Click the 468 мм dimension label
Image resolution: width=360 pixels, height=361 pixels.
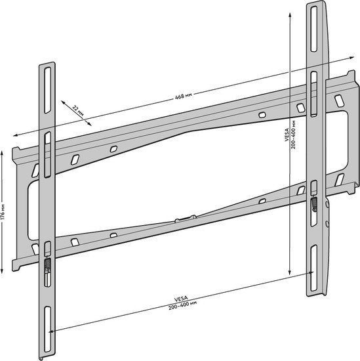[x=184, y=96]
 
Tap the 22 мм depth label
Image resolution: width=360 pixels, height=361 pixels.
[x=78, y=111]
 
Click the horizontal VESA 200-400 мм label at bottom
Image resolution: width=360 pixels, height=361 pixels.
[x=182, y=303]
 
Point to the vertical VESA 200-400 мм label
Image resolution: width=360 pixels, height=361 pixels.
[x=290, y=135]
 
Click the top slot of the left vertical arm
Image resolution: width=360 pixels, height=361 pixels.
[x=48, y=90]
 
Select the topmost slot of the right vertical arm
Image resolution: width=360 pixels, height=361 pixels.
[x=313, y=29]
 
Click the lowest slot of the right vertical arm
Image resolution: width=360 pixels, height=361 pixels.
[x=313, y=268]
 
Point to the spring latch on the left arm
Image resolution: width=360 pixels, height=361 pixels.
[x=47, y=265]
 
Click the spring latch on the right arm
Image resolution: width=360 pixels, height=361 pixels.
[x=313, y=204]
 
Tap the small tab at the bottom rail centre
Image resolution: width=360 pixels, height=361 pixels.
[x=186, y=219]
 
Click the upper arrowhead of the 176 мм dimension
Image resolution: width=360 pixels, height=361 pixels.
[x=2, y=153]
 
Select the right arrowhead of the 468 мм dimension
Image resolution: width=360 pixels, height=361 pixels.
[x=351, y=58]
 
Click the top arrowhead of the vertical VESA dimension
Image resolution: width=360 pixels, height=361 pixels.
[x=290, y=15]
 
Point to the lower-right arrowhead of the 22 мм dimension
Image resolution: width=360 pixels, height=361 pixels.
[x=89, y=123]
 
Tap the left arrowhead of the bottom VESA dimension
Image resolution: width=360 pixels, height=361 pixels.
[x=52, y=331]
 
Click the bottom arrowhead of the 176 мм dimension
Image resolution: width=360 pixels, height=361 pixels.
[x=2, y=272]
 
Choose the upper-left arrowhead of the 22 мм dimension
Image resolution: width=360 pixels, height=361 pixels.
[x=64, y=102]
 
